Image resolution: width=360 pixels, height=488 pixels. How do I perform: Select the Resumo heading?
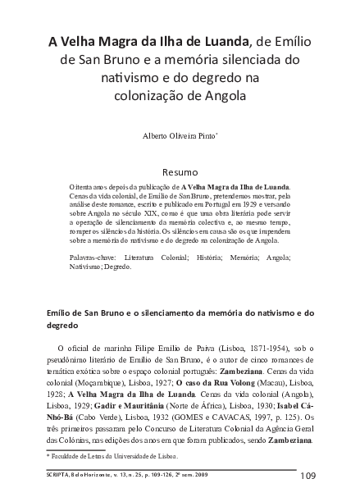[180, 173]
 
